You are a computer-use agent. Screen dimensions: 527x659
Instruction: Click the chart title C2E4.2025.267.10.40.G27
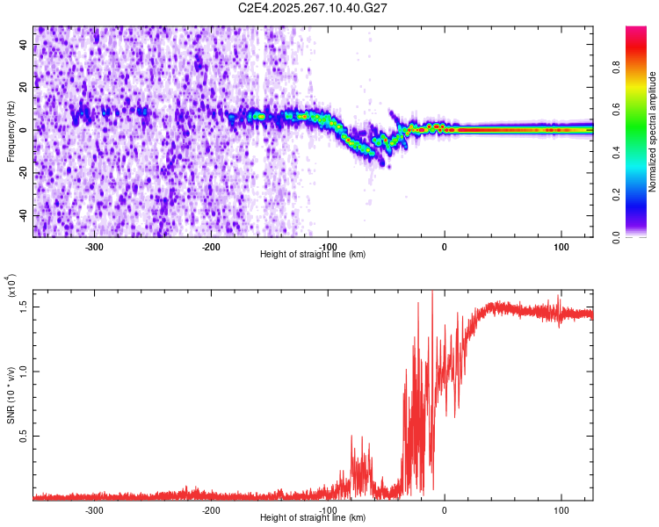(314, 8)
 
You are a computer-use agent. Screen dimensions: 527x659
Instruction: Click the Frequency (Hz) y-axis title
(11, 132)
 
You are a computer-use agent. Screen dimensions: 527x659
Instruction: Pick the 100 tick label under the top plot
(561, 245)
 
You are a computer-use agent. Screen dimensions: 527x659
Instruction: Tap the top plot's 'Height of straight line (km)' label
(313, 255)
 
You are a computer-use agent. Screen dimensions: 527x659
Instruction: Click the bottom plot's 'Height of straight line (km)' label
(313, 517)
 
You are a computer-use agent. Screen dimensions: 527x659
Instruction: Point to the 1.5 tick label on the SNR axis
(25, 305)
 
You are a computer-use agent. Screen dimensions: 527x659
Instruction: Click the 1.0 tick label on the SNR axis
(25, 370)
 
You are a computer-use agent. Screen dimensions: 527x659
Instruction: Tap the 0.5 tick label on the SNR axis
(25, 435)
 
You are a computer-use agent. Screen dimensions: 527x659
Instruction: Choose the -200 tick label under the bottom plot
(211, 509)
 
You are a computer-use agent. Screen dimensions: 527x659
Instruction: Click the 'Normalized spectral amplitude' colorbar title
(653, 132)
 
